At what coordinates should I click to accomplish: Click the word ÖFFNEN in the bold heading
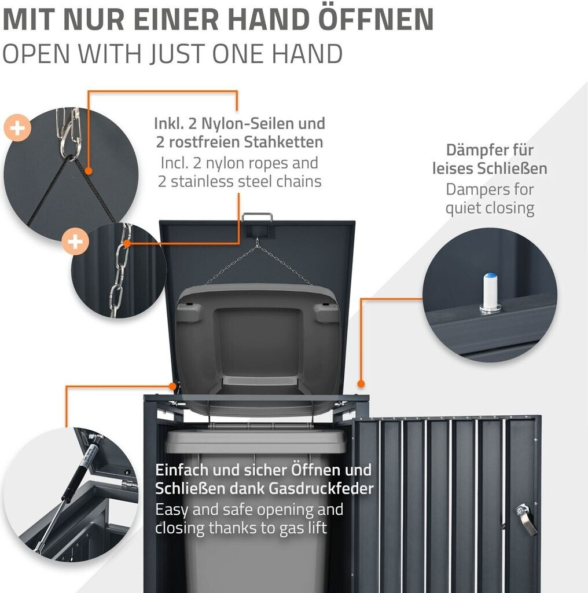pos(376,19)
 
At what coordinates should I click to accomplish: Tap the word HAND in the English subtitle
pos(307,54)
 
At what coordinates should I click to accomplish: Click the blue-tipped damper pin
pos(490,292)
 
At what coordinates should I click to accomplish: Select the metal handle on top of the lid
pos(258,218)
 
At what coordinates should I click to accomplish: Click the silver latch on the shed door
pos(526,518)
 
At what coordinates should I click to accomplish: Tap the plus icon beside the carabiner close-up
pos(17,128)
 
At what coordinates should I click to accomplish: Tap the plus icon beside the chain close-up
pos(75,241)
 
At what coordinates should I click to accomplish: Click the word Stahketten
pos(284,142)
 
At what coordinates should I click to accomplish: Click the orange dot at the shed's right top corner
pos(361,384)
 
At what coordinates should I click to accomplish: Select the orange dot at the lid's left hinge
pos(172,386)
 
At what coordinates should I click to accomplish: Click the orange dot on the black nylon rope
pos(89,171)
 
